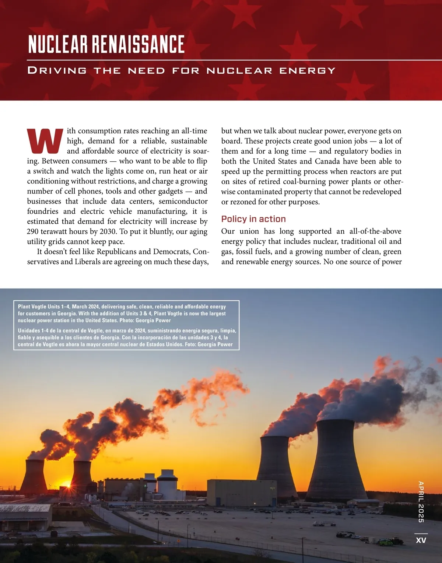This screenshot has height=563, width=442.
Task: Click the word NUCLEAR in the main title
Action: (58, 44)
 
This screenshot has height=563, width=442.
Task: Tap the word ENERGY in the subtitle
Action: (307, 70)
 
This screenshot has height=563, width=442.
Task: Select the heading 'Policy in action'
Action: (253, 219)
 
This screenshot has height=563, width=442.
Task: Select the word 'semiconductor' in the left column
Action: (183, 201)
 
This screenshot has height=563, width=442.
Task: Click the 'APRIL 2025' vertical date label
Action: (421, 501)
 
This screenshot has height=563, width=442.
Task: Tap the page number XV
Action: (421, 540)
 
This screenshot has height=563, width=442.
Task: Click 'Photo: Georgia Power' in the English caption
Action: (145, 321)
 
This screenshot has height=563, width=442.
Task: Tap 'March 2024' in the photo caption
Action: (85, 307)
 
